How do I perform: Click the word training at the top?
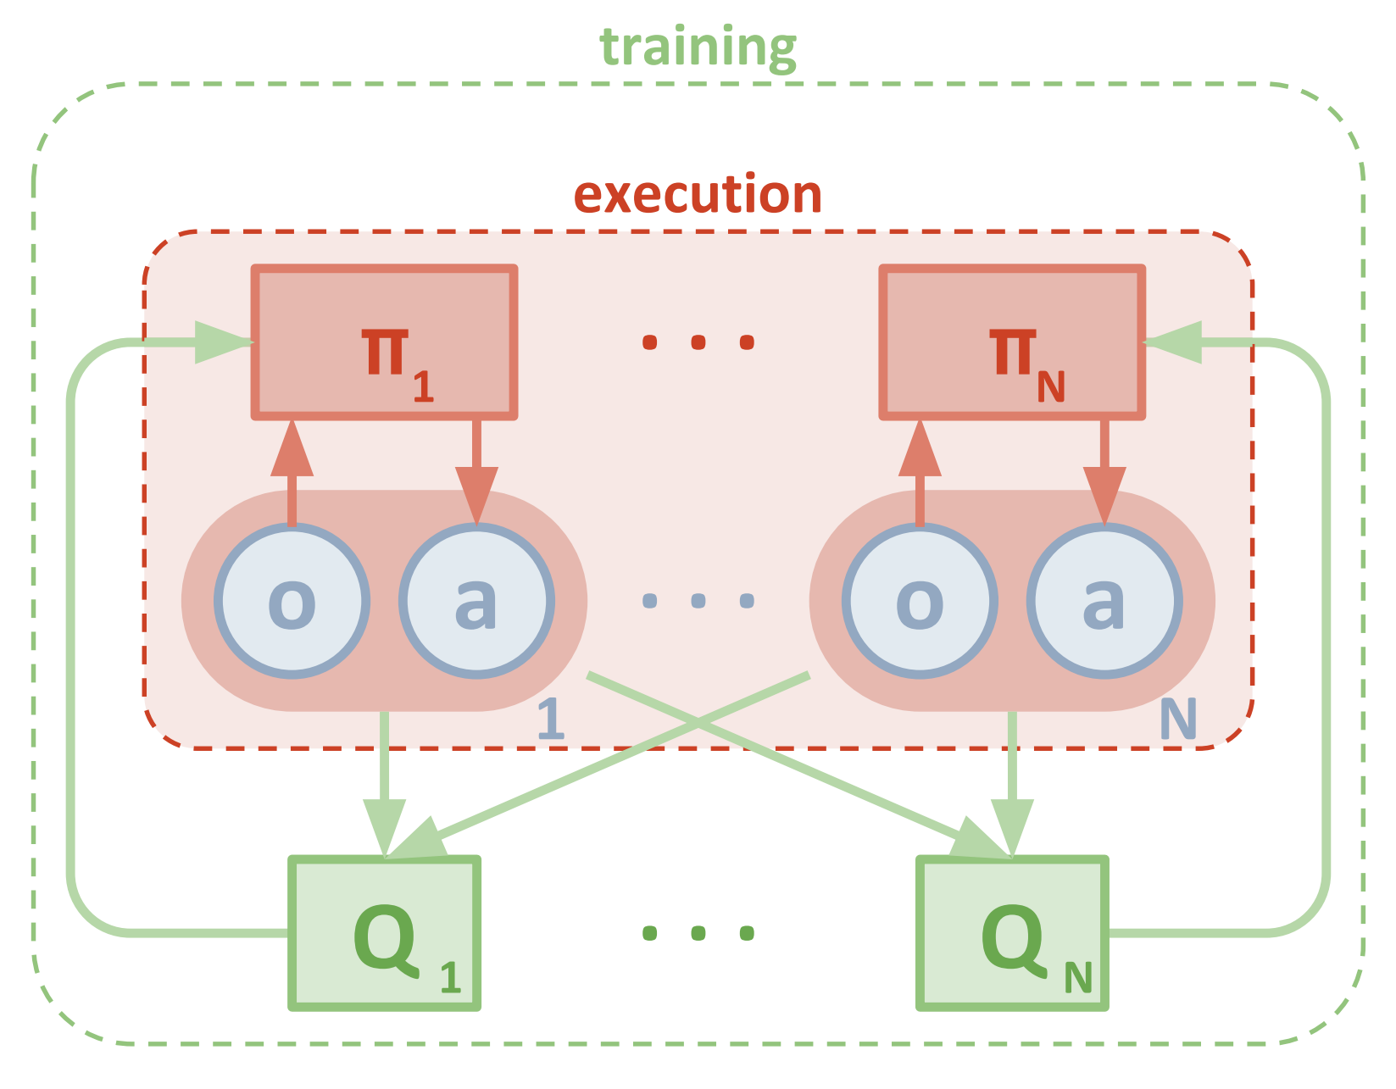(x=698, y=47)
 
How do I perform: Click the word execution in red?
(x=698, y=195)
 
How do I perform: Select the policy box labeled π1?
(x=384, y=342)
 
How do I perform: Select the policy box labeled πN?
(x=1012, y=342)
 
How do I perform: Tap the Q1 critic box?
(x=385, y=933)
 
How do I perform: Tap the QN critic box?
(x=1012, y=933)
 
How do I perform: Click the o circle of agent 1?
(x=292, y=601)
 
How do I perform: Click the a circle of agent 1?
(x=476, y=601)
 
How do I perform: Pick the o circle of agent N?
(x=920, y=601)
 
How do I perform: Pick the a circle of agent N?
(x=1104, y=601)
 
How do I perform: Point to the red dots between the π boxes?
(x=698, y=342)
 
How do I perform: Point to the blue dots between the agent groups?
(x=698, y=601)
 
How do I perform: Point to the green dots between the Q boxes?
(x=698, y=933)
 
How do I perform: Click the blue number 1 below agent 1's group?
(x=551, y=720)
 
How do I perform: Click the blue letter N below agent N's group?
(x=1178, y=720)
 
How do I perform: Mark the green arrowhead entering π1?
(x=223, y=342)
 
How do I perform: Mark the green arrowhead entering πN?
(x=1174, y=342)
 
